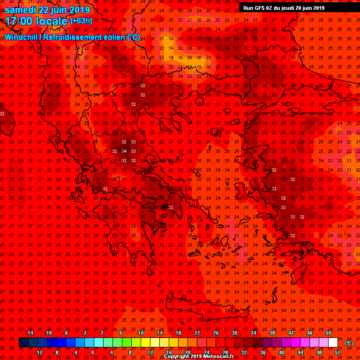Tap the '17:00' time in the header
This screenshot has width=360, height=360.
(x=18, y=21)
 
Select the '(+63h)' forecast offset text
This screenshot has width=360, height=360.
(x=81, y=21)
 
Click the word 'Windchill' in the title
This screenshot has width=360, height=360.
(x=22, y=37)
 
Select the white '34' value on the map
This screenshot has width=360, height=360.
(x=124, y=151)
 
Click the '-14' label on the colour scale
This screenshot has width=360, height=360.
(x=29, y=333)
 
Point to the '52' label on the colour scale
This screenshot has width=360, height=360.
(x=338, y=352)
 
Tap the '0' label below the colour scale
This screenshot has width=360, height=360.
(x=92, y=352)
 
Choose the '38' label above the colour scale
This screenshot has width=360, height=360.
(x=272, y=333)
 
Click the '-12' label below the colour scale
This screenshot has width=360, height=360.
(x=38, y=352)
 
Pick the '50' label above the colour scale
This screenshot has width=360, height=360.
(x=328, y=333)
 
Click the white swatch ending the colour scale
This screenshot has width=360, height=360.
(x=333, y=343)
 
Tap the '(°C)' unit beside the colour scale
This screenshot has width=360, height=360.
(x=348, y=343)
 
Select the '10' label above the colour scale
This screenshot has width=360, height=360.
(x=141, y=333)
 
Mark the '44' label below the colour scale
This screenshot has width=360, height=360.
(x=300, y=352)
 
